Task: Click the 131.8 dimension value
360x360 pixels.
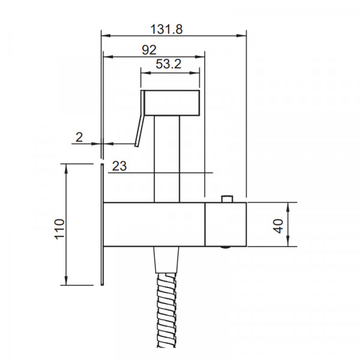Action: point(166,29)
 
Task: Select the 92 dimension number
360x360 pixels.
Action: point(149,50)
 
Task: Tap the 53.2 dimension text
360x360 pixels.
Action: point(169,64)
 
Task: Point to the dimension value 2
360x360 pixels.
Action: point(79,137)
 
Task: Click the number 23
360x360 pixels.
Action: point(119,166)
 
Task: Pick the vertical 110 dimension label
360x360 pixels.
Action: point(59,229)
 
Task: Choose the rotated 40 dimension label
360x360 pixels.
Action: point(278,226)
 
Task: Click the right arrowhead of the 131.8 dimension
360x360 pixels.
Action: point(241,36)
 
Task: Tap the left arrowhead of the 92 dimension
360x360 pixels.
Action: point(109,57)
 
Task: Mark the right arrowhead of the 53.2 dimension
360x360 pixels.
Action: point(194,73)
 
